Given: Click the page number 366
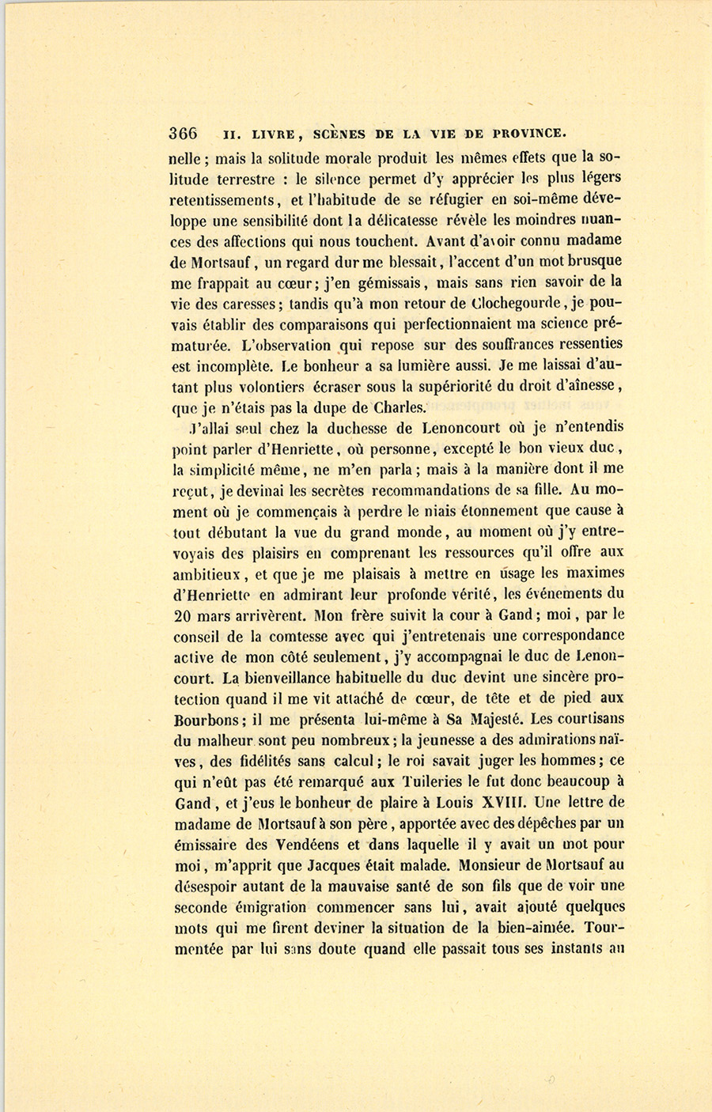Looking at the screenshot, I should tap(183, 133).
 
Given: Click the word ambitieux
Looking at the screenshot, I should tap(208, 573).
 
